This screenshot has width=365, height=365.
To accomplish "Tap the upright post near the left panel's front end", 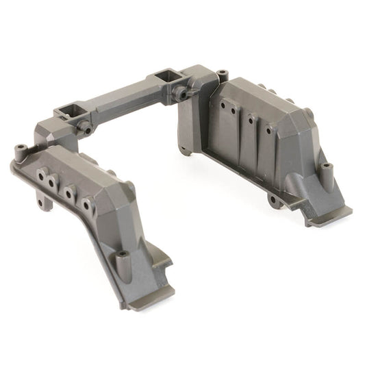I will coord(123,257).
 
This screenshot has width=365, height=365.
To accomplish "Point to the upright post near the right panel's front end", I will coord(327,167).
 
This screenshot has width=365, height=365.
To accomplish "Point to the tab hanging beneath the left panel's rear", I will coord(45,201).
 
